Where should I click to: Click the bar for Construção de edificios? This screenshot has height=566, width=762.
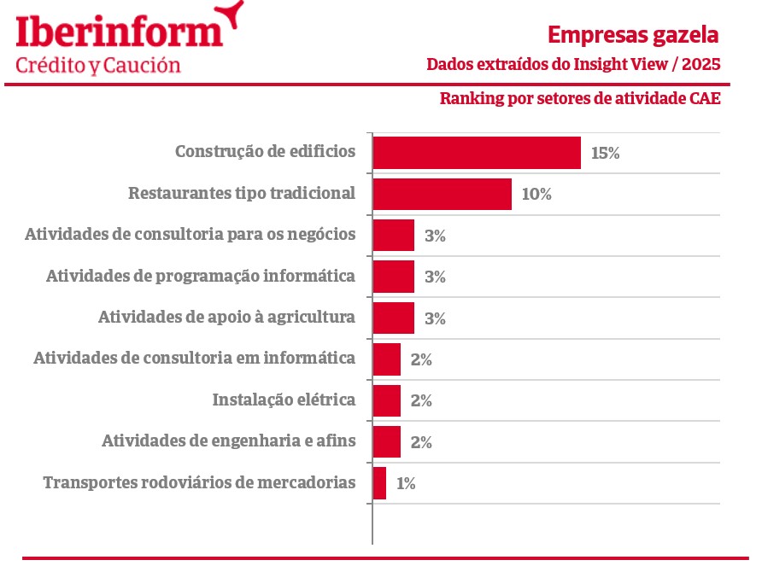pyautogui.click(x=477, y=153)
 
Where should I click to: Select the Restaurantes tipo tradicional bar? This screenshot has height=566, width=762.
pyautogui.click(x=442, y=194)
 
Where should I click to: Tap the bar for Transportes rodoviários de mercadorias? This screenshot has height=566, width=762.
pyautogui.click(x=379, y=483)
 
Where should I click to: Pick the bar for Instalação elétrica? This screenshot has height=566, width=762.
pyautogui.click(x=387, y=400)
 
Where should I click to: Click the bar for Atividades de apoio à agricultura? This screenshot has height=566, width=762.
pyautogui.click(x=394, y=318)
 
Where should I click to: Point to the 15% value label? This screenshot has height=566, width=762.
pyautogui.click(x=605, y=154)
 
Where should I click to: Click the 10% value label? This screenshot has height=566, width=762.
pyautogui.click(x=536, y=194)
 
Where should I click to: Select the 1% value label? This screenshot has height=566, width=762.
pyautogui.click(x=406, y=484)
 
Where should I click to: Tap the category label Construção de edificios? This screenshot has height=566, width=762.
pyautogui.click(x=265, y=152)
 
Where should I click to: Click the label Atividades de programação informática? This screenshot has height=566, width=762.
pyautogui.click(x=200, y=277)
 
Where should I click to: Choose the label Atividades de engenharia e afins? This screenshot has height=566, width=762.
pyautogui.click(x=228, y=441)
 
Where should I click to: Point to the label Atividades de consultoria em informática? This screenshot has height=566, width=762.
pyautogui.click(x=194, y=359)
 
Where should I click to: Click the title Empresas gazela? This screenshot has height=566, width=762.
pyautogui.click(x=633, y=35)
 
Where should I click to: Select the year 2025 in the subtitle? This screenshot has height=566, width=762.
pyautogui.click(x=701, y=65)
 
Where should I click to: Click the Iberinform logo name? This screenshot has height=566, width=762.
pyautogui.click(x=120, y=32)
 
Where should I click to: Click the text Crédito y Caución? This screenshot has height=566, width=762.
pyautogui.click(x=98, y=66)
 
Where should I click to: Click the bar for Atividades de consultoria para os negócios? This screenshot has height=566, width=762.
pyautogui.click(x=394, y=235)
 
